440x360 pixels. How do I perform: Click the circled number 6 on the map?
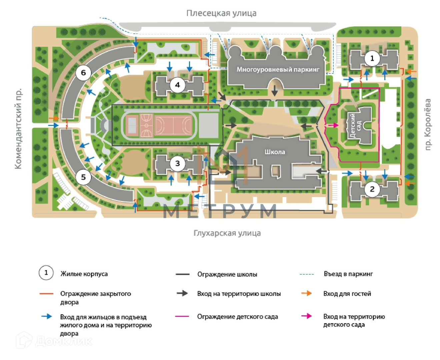click(x=83, y=73)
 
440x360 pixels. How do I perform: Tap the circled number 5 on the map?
click(x=83, y=177)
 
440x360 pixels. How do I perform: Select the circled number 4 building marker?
click(x=177, y=85)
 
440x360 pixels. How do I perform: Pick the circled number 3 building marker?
click(x=177, y=163)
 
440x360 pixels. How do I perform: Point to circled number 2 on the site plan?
click(x=372, y=189)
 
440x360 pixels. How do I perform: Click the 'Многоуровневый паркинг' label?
click(x=278, y=69)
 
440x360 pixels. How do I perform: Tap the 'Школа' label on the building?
click(x=275, y=152)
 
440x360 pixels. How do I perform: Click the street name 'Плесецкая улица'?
click(x=221, y=13)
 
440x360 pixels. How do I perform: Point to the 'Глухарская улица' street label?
click(x=227, y=233)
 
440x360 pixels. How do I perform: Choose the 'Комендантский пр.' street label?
click(x=18, y=129)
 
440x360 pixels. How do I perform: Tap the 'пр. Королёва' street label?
click(x=428, y=124)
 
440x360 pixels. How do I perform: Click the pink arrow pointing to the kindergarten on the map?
click(x=333, y=125)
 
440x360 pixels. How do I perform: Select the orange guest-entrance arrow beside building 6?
click(x=54, y=118)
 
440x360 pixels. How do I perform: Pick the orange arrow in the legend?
click(x=306, y=293)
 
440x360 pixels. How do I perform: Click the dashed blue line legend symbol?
click(x=307, y=274)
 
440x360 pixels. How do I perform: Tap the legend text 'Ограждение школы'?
click(x=227, y=274)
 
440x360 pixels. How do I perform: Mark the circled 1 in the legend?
click(x=46, y=273)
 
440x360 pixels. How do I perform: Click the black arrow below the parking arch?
click(x=274, y=90)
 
